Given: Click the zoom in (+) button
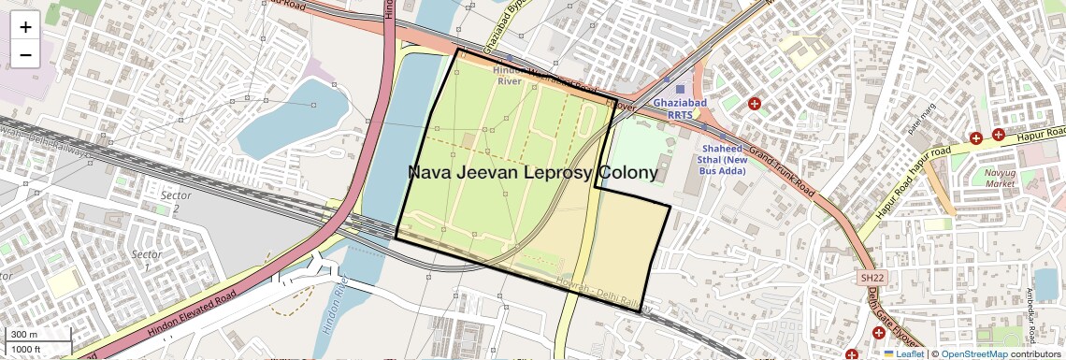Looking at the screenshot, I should pyautogui.click(x=25, y=27).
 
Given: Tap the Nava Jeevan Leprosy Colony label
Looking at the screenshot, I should pyautogui.click(x=532, y=174).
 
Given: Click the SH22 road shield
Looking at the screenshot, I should pyautogui.click(x=872, y=278).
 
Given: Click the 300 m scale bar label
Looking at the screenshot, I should pyautogui.click(x=24, y=335).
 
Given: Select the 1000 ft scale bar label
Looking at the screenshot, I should pyautogui.click(x=27, y=349).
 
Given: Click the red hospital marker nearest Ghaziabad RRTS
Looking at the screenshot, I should pyautogui.click(x=755, y=103).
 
